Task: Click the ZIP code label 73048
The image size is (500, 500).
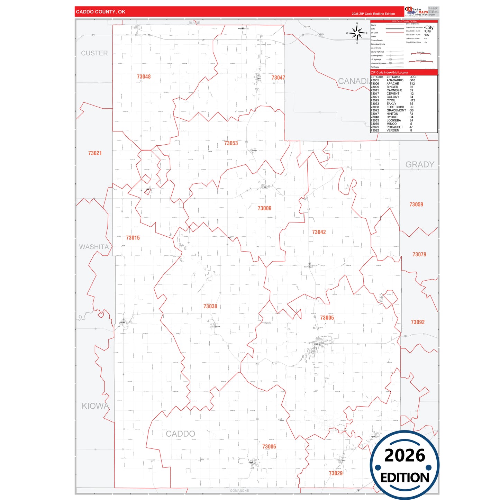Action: (x=144, y=76)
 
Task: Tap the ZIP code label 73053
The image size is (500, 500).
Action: (x=231, y=143)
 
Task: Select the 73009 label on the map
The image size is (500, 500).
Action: (x=264, y=208)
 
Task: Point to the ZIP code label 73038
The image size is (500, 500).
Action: (x=210, y=306)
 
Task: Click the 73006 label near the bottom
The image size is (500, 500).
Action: (x=269, y=446)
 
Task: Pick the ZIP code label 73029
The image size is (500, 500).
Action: (x=336, y=473)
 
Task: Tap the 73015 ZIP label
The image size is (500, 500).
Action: (x=133, y=238)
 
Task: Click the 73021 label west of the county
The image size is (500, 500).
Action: (x=95, y=153)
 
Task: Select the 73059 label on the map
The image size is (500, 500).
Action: (x=416, y=204)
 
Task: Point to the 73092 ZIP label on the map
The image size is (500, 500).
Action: (x=418, y=322)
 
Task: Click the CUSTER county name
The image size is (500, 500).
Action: (x=94, y=53)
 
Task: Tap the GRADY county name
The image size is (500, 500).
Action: (x=419, y=164)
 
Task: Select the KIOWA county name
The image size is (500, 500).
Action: (x=95, y=406)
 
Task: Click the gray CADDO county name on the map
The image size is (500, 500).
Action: (x=180, y=434)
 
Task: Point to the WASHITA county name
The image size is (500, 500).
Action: (x=94, y=247)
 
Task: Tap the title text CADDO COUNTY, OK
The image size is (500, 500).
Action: (x=101, y=12)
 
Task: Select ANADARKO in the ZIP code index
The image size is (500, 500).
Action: (x=395, y=80)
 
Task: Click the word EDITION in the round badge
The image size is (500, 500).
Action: (x=405, y=478)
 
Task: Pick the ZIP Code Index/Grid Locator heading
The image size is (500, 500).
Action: (x=389, y=72)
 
